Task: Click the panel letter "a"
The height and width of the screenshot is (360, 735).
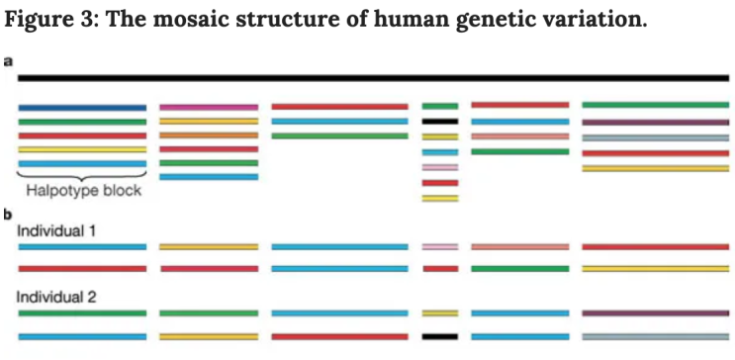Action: pos(8,62)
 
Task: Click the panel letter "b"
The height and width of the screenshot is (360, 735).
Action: pos(8,213)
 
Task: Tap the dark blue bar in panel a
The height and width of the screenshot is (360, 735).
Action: pos(82,106)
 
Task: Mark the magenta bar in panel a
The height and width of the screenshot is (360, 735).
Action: pos(209,106)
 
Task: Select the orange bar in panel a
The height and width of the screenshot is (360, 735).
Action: pos(209,135)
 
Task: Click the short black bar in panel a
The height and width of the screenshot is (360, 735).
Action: pos(439,121)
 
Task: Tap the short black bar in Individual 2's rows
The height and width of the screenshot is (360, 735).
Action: pos(439,336)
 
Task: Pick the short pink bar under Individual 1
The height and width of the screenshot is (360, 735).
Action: pos(439,247)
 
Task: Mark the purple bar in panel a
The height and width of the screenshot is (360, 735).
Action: pos(656,121)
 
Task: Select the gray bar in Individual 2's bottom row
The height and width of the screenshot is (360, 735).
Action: pos(656,336)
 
